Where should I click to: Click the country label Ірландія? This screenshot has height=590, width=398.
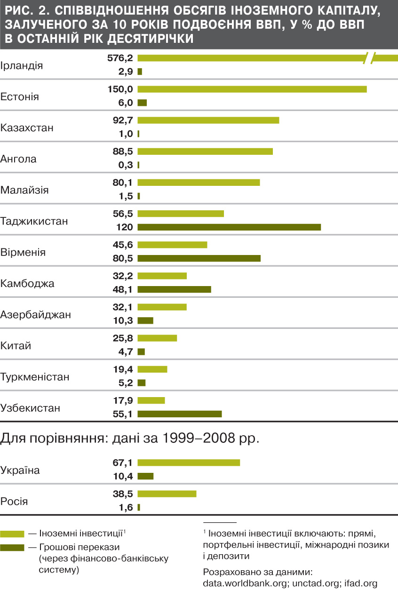pyautogui.click(x=22, y=65)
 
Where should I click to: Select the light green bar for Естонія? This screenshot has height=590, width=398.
pyautogui.click(x=252, y=89)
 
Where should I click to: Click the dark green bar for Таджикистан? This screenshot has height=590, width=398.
pyautogui.click(x=229, y=227)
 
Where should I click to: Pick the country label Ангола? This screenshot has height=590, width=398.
pyautogui.click(x=19, y=159)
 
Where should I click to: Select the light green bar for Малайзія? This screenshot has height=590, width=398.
pyautogui.click(x=199, y=183)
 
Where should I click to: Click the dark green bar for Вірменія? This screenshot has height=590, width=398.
pyautogui.click(x=199, y=258)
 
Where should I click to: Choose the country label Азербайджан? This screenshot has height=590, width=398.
pyautogui.click(x=36, y=315)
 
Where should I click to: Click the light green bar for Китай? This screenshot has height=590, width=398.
pyautogui.click(x=157, y=338)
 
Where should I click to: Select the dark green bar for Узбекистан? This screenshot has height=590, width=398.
pyautogui.click(x=179, y=414)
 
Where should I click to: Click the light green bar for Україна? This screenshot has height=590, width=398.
pyautogui.click(x=189, y=463)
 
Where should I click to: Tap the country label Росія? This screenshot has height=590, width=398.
pyautogui.click(x=15, y=502)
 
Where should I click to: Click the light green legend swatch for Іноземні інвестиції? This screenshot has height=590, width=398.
pyautogui.click(x=12, y=534)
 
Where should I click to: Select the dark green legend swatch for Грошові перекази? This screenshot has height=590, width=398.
pyautogui.click(x=12, y=548)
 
